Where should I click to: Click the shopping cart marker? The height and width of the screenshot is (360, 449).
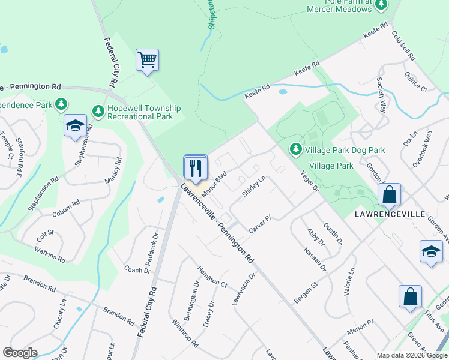coord(147,60)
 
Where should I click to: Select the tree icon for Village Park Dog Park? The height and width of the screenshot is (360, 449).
coord(295,148)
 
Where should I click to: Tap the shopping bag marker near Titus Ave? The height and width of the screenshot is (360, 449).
coord(410,296)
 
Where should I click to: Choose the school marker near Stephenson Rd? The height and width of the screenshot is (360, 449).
coord(75,125)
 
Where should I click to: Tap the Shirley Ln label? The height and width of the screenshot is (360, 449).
coord(253,186)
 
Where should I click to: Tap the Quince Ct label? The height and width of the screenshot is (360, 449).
coord(415,83)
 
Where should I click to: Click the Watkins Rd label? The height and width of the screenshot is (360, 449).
coord(50,254)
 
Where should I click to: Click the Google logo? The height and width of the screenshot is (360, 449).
coord(20,353)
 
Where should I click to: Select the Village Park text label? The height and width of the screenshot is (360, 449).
coord(331,166)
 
